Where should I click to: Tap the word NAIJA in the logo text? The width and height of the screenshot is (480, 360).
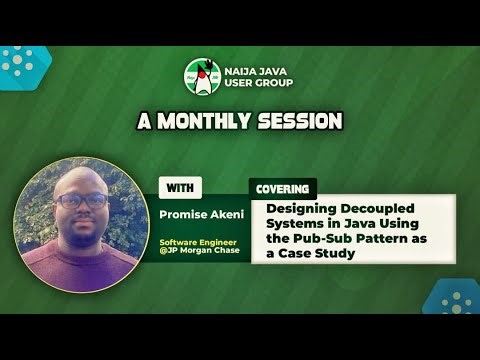(243, 70)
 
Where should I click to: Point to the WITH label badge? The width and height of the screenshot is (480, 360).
(181, 187)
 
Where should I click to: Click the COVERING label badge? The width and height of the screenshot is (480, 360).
(282, 188)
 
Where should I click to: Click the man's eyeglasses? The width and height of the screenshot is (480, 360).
(81, 199)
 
